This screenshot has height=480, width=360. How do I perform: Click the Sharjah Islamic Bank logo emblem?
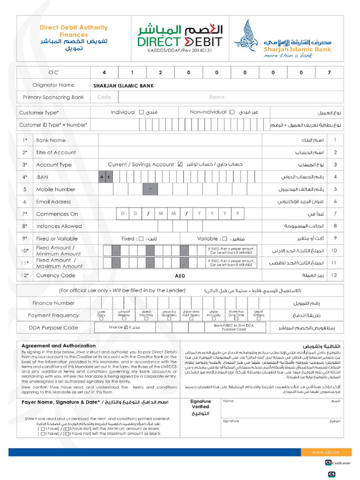coord(246,36)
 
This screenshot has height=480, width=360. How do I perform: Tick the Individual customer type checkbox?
coord(141,112)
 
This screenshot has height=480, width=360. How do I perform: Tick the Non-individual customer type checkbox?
coord(232,112)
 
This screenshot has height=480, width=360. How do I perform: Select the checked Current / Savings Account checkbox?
coord(180,165)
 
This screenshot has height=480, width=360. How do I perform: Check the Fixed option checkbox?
coord(141,239)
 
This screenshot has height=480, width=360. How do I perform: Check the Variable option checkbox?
coord(225,239)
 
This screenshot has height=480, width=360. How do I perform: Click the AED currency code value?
coord(180,276)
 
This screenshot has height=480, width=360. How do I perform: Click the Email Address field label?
coord(53,202)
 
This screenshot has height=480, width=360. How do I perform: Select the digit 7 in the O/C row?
coord(329,73)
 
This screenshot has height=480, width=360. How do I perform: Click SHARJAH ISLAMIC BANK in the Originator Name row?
coord(123,86)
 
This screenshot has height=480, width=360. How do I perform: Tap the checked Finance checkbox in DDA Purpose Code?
coord(126,328)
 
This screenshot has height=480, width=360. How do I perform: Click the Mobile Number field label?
coord(55,189)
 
